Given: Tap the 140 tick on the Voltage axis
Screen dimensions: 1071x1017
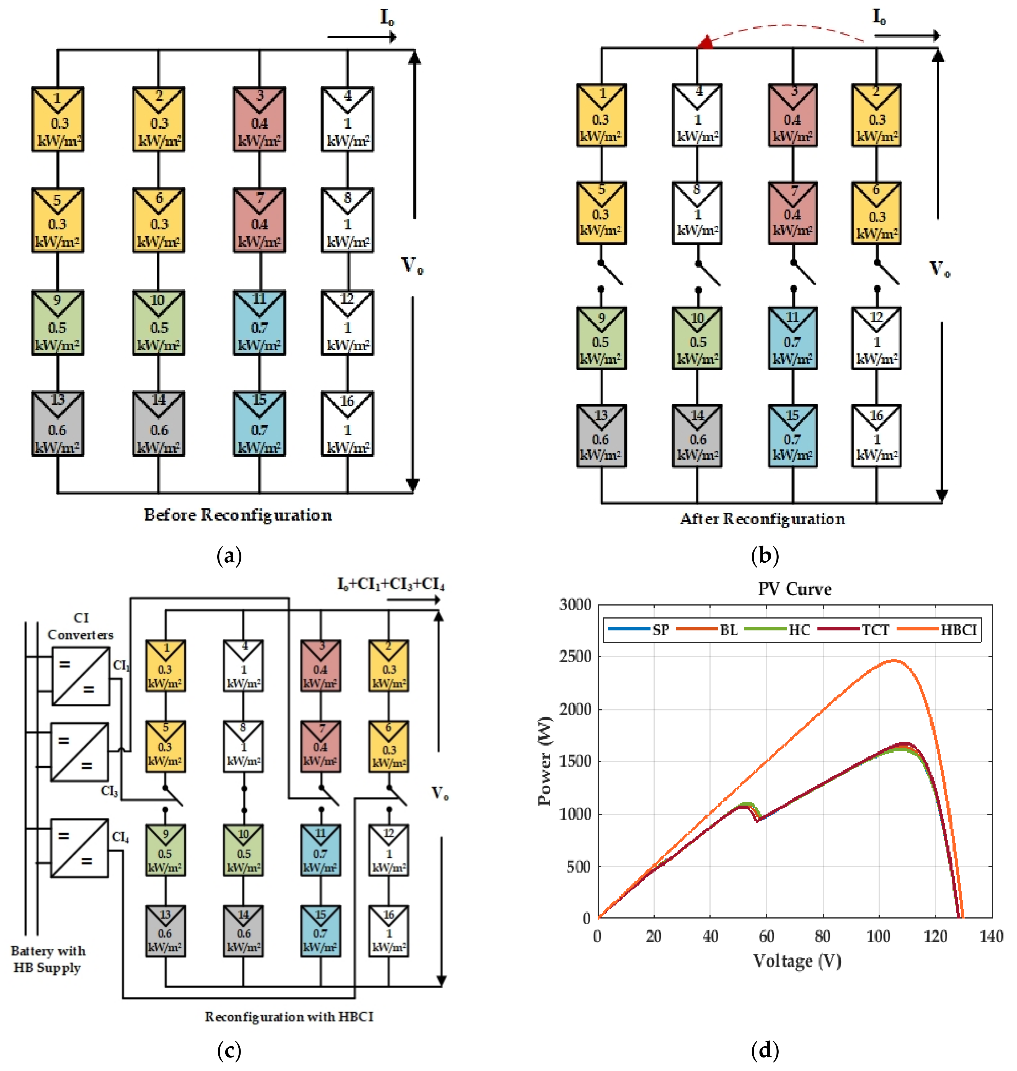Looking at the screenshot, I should [x=992, y=936].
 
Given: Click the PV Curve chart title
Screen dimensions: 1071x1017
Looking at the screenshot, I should [x=794, y=589].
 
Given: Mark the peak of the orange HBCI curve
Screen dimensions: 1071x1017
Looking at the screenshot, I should [x=893, y=660].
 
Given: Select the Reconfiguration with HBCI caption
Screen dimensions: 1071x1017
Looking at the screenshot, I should [x=289, y=1016].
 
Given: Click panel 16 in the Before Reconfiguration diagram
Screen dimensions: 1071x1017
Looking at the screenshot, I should [x=347, y=423].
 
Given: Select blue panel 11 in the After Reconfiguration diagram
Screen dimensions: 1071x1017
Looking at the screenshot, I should [x=793, y=338].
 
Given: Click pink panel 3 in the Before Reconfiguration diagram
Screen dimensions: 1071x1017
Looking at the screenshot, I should [x=259, y=119].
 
